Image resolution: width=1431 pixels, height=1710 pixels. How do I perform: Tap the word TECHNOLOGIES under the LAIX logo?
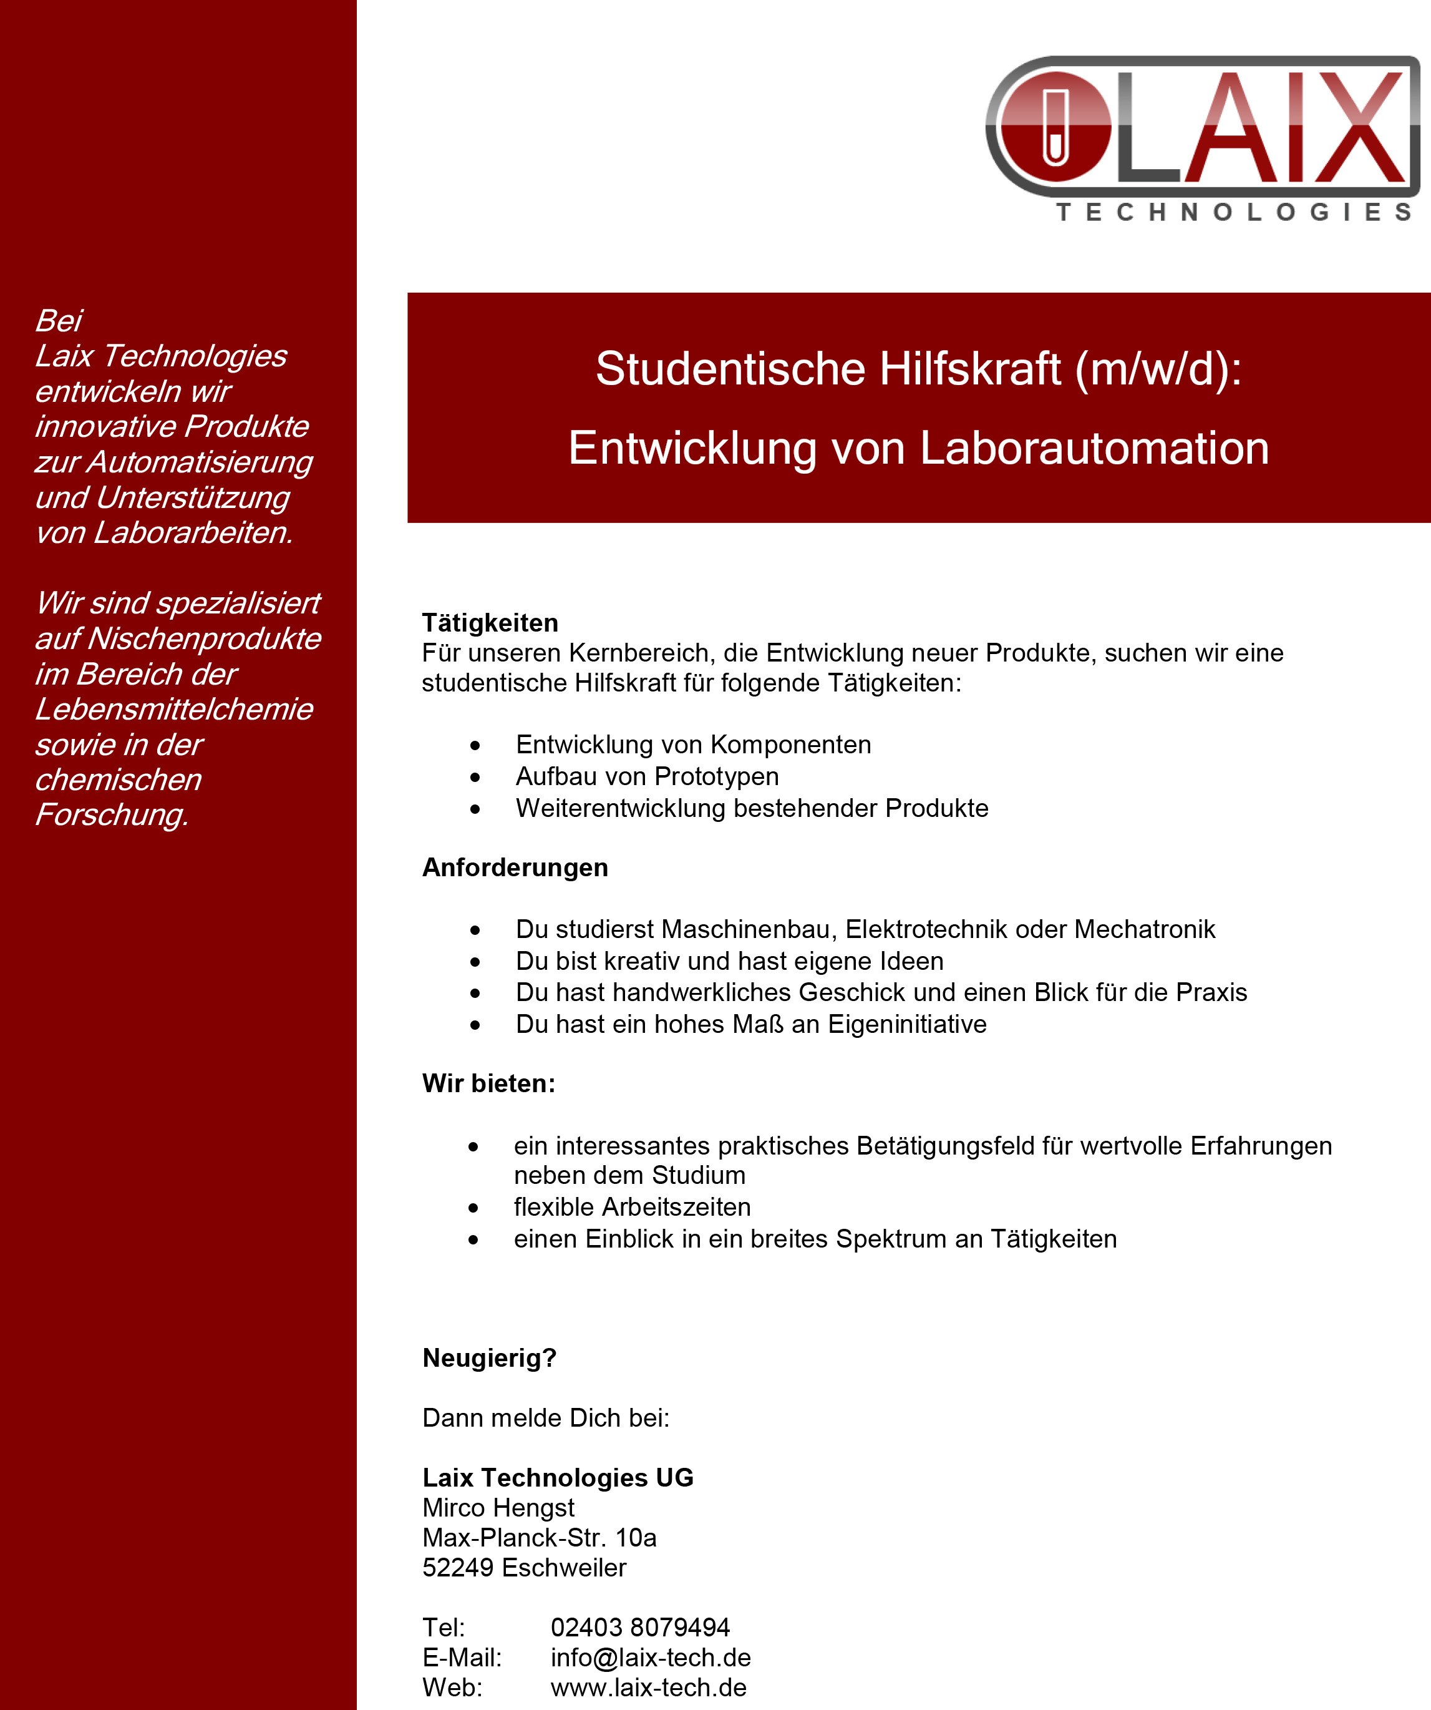point(1233,213)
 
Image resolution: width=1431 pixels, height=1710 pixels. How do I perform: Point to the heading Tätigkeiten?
point(490,623)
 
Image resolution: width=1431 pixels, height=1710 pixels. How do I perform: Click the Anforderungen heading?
point(515,867)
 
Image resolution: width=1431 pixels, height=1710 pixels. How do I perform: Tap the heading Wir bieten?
point(488,1083)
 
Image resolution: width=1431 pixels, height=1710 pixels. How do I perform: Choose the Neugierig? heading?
point(489,1358)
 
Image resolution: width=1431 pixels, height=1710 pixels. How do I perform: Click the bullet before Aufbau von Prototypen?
point(475,778)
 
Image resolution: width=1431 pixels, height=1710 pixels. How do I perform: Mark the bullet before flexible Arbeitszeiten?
point(473,1208)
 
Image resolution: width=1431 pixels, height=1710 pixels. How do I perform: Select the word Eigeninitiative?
point(907,1024)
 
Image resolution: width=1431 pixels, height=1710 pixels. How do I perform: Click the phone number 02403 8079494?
point(640,1628)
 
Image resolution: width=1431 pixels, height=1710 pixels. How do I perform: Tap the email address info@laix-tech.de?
point(651,1658)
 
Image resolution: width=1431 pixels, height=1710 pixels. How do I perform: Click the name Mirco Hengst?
point(498,1508)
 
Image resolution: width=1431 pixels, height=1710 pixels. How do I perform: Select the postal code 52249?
point(457,1568)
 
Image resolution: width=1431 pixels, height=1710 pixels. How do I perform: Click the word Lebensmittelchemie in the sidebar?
point(173,709)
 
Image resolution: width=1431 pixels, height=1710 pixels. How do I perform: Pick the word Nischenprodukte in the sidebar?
point(203,639)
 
